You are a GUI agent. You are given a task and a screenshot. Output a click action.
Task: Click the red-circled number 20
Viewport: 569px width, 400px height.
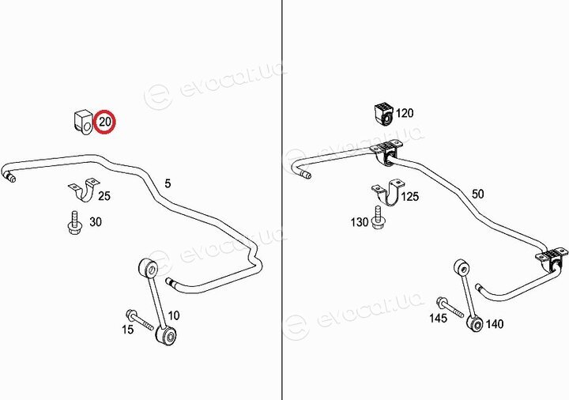[x=105, y=121]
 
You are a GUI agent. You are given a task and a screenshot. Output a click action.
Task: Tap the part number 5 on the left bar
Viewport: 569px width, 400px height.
[x=168, y=183]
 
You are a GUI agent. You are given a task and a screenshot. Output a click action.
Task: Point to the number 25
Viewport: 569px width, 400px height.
[x=104, y=196]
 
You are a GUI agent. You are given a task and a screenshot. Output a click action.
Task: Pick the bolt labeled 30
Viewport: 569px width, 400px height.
[x=74, y=222]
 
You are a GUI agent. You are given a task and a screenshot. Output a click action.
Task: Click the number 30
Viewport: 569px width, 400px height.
[x=96, y=221]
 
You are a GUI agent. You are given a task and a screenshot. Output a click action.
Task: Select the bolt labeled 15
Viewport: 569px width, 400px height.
[x=140, y=320]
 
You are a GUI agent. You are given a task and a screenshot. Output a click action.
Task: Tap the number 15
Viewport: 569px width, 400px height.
[x=128, y=330]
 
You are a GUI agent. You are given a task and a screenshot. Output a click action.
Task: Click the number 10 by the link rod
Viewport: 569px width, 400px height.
[x=173, y=315]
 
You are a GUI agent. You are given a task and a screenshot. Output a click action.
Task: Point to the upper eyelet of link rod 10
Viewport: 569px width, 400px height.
[x=149, y=268]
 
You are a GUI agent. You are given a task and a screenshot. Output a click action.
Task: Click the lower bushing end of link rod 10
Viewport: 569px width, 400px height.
[x=166, y=334]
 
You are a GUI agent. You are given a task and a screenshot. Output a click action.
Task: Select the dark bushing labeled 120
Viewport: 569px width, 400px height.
[x=383, y=113]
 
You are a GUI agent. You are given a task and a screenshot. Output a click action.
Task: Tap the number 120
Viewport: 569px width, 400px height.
[x=405, y=113]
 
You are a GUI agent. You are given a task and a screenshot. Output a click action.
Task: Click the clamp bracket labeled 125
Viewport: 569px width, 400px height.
[x=387, y=191]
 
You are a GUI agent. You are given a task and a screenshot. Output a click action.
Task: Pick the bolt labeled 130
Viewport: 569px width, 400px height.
[x=378, y=217]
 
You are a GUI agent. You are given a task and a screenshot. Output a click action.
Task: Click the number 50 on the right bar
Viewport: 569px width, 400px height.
[x=477, y=194]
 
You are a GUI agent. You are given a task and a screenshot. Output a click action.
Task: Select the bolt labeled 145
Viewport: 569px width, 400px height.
[x=450, y=308]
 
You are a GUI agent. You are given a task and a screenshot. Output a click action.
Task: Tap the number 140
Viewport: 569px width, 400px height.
[x=495, y=324]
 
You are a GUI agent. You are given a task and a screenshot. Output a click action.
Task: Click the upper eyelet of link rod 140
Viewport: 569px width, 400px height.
[x=462, y=268]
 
